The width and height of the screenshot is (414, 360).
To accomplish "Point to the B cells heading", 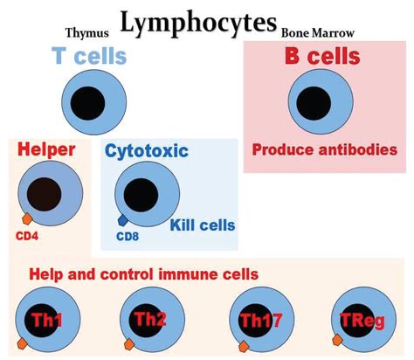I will click(322, 57).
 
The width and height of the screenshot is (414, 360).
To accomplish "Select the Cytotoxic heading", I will click(147, 151).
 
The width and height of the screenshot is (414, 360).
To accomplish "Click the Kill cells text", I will click(203, 225).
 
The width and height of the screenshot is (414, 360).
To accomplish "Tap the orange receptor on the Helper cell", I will click(28, 218).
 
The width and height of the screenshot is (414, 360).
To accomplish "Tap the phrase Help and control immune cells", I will click(144, 274).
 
